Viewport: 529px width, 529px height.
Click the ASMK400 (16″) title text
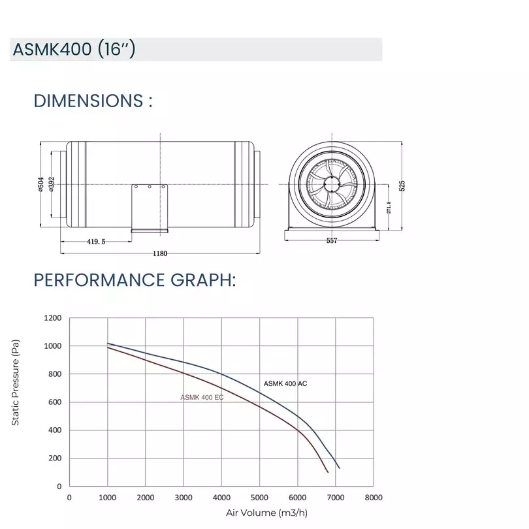[x=74, y=50]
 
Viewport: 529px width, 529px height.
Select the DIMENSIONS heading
[x=93, y=101]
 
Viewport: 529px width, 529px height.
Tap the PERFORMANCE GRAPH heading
[x=135, y=280]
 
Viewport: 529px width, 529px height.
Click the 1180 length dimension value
[x=160, y=253]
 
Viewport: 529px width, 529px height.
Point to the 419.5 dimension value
[x=96, y=241]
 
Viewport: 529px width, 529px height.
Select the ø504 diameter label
[x=41, y=185]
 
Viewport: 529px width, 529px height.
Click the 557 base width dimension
[x=331, y=241]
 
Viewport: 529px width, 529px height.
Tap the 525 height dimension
[x=402, y=185]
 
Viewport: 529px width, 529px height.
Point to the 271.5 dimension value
[x=389, y=207]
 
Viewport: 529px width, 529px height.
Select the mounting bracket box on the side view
[x=150, y=206]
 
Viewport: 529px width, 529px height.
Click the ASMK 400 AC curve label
[x=285, y=383]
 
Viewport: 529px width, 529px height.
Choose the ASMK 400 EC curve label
[x=202, y=397]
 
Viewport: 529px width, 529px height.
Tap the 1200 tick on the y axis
[x=52, y=318]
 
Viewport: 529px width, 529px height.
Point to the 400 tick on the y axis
[x=55, y=430]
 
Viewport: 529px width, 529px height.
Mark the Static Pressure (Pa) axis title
[x=16, y=383]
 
